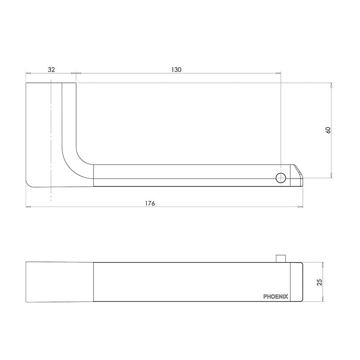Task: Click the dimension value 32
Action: pos(51,69)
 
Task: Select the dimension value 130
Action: pos(176,69)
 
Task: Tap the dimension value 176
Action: pos(150,203)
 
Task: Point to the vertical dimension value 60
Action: pos(328,130)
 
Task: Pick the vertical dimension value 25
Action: pos(319,282)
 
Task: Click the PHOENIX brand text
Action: pos(276,297)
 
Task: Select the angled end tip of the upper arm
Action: pos(298,174)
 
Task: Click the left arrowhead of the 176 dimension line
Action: pos(27,207)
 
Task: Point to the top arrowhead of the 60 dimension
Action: pos(332,85)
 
